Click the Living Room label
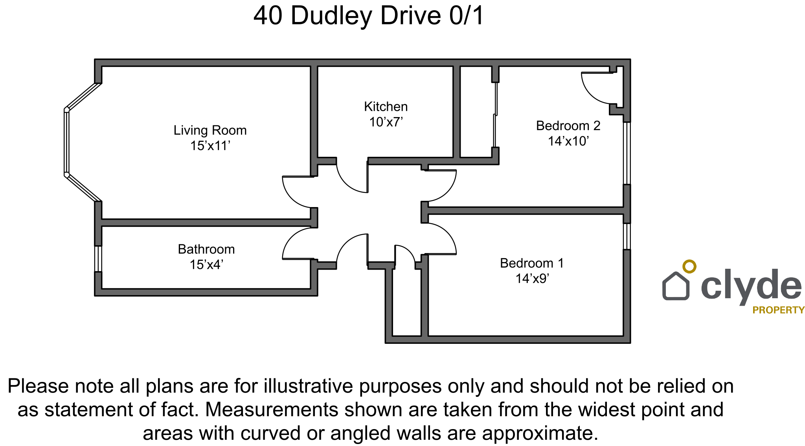click(210, 130)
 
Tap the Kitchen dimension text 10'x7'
click(386, 122)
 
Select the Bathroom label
click(206, 249)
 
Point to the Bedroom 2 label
click(568, 126)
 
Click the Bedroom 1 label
click(531, 263)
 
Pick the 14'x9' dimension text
click(532, 279)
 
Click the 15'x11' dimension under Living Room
click(210, 146)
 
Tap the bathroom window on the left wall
click(98, 259)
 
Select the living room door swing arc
click(293, 196)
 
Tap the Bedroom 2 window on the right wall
click(627, 153)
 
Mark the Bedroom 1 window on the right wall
click(627, 236)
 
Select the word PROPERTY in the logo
click(778, 310)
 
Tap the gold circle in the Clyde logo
click(689, 266)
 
